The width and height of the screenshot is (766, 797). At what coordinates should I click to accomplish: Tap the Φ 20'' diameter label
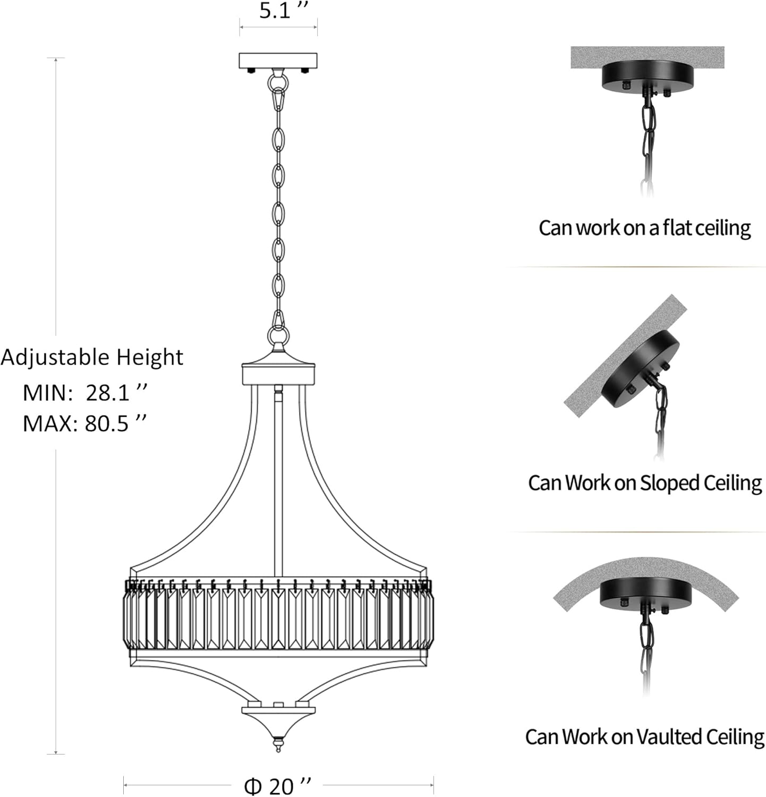(x=277, y=785)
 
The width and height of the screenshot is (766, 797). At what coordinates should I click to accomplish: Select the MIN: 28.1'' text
(x=84, y=393)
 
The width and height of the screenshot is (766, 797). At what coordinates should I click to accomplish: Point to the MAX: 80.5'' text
(x=84, y=423)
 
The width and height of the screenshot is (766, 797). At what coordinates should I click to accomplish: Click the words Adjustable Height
(x=91, y=357)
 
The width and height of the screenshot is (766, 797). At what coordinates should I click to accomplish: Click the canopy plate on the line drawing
(x=278, y=60)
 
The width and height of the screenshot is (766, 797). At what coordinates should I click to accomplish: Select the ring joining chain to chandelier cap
(x=278, y=336)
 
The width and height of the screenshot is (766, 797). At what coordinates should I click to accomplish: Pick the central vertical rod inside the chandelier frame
(x=278, y=478)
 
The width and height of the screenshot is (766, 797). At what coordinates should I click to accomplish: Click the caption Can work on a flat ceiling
(x=644, y=228)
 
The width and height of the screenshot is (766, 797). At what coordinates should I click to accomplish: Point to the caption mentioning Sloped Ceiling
(x=644, y=482)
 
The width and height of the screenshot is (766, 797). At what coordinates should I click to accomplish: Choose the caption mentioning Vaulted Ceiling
(x=644, y=736)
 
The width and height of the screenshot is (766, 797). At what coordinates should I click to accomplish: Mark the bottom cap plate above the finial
(x=278, y=710)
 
